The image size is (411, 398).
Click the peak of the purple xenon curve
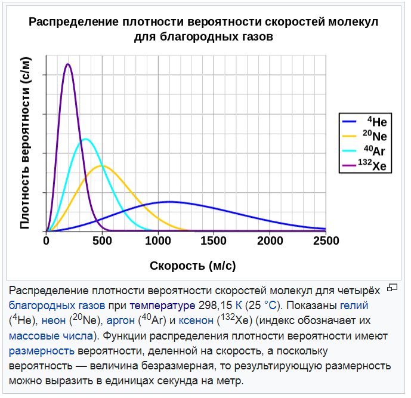69,64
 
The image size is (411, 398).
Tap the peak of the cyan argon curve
86,139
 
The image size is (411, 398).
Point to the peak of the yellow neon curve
101,165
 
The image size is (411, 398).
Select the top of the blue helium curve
170,202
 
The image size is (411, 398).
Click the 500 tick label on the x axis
103,241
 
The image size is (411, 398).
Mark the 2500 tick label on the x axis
326,241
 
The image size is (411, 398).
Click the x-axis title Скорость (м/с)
193,264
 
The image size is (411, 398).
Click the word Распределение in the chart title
72,23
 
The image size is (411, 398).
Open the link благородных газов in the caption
52,306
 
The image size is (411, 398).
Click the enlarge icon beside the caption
392,288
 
